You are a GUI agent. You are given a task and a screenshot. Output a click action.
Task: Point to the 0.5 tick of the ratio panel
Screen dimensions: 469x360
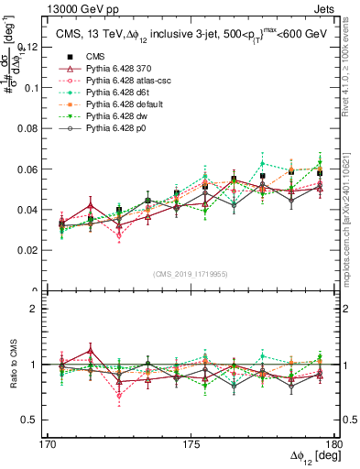point(41,420)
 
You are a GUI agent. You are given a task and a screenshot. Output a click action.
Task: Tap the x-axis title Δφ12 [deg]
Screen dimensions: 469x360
point(312,457)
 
